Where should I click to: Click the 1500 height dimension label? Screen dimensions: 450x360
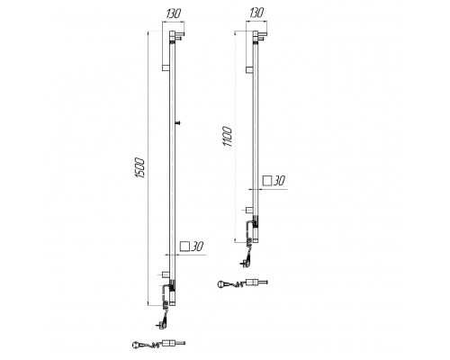[x=140, y=167]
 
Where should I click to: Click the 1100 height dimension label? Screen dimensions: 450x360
[x=227, y=137]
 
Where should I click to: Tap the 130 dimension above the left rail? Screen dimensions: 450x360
[x=173, y=13]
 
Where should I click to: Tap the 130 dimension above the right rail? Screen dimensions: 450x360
[x=256, y=13]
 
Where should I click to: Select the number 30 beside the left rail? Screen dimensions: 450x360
[x=197, y=247]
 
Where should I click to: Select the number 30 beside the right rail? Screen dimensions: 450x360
[x=279, y=181]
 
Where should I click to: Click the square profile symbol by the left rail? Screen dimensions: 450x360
[x=184, y=247]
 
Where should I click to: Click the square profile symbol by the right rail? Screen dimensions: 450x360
[x=267, y=181]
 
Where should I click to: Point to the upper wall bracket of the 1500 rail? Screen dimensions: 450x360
[x=166, y=67]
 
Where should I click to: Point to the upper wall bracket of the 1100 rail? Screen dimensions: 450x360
[x=249, y=70]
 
